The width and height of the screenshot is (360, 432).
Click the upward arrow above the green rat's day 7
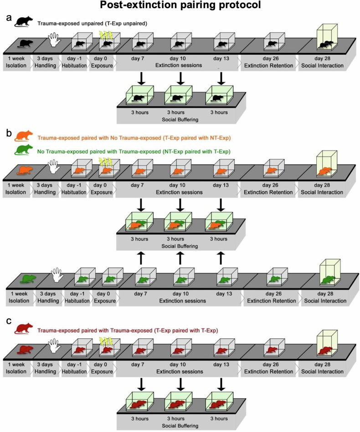click(x=141, y=259)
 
